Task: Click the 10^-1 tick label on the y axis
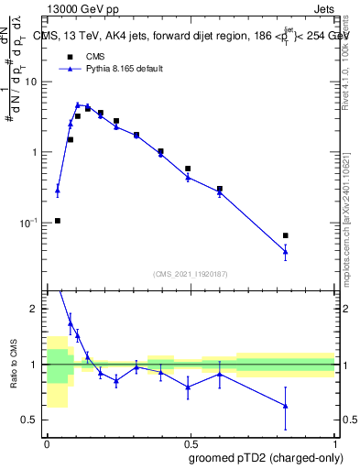click(x=30, y=223)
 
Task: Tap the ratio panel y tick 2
click(x=38, y=309)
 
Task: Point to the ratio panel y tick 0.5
click(x=32, y=420)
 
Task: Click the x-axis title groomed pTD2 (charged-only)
click(x=266, y=458)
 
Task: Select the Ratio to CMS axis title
click(x=12, y=364)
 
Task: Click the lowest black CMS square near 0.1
click(x=58, y=221)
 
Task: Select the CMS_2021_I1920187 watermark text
click(x=191, y=273)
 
